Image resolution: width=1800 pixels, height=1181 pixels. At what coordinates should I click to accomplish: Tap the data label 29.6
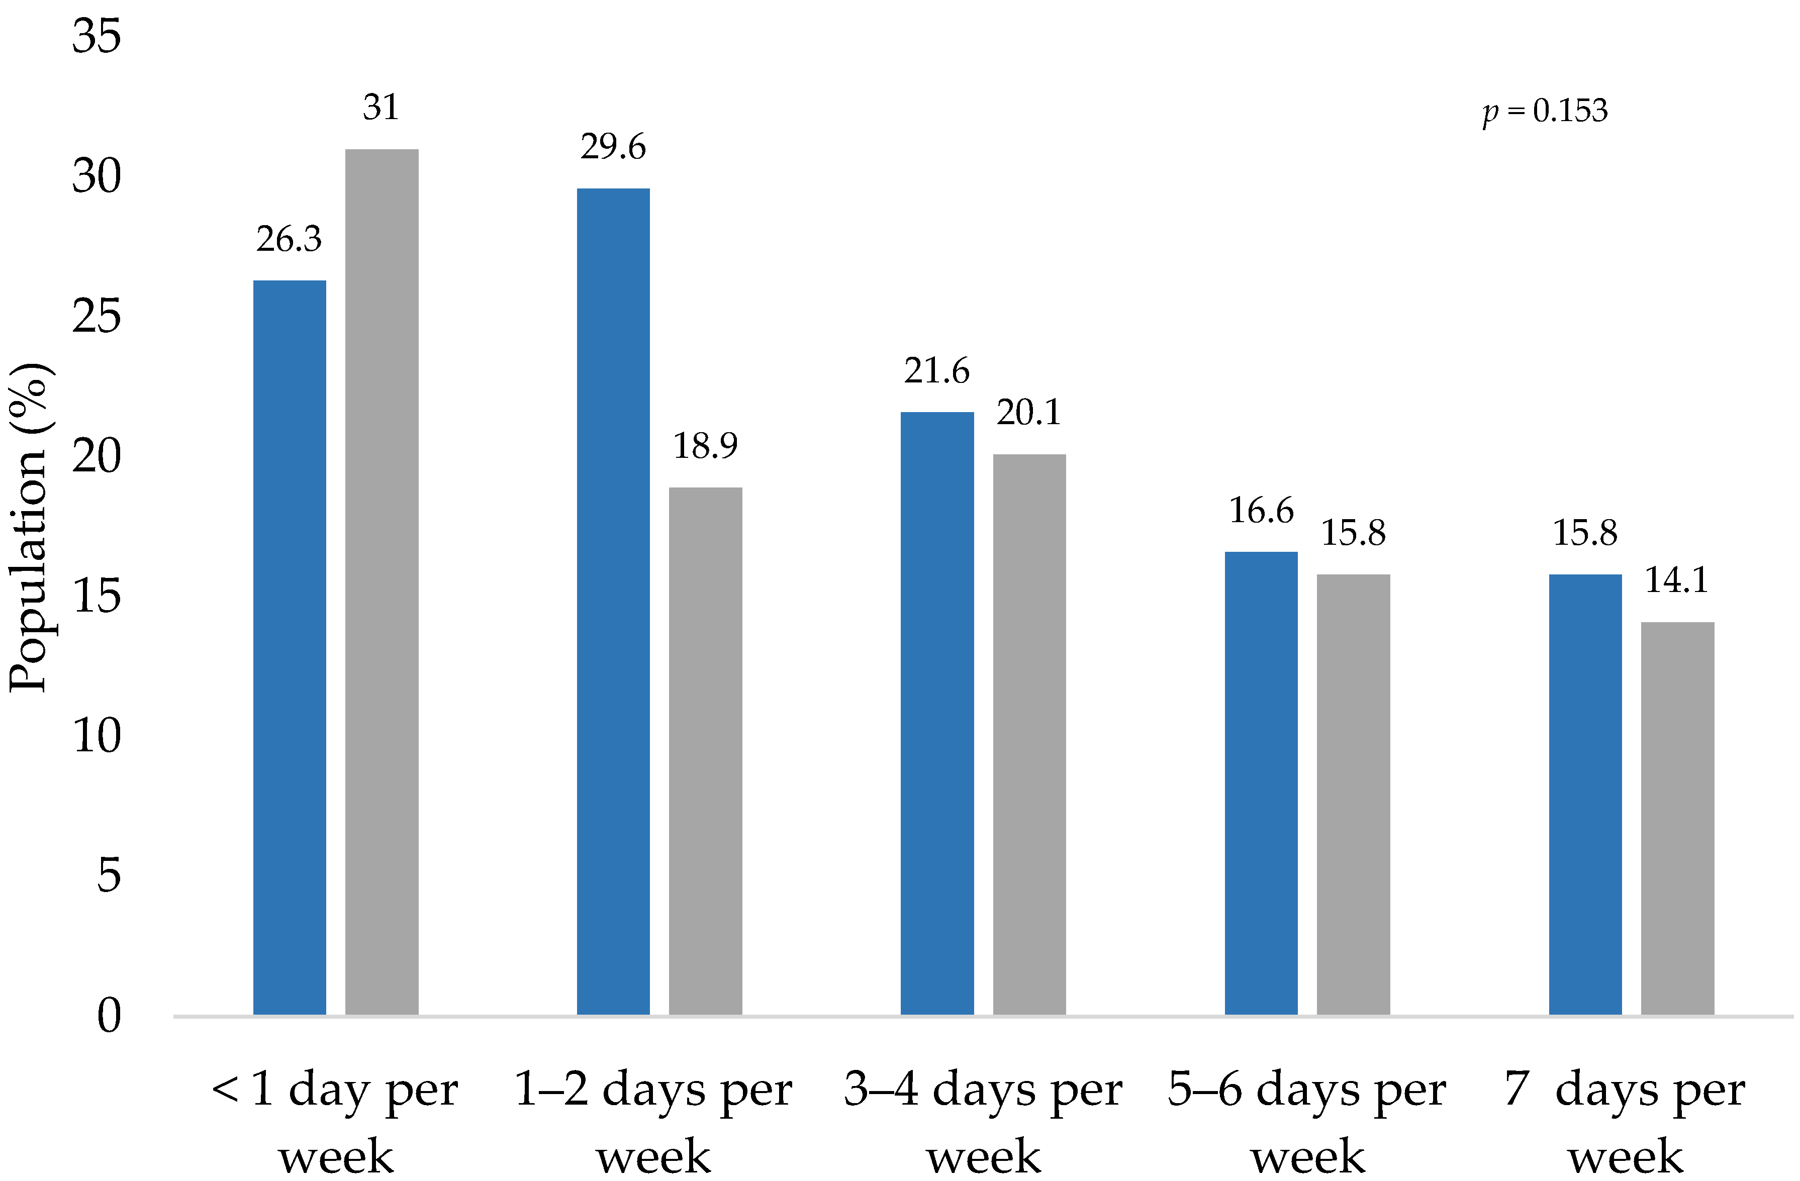(x=613, y=147)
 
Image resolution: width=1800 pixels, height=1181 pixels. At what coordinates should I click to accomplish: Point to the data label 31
(x=381, y=108)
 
